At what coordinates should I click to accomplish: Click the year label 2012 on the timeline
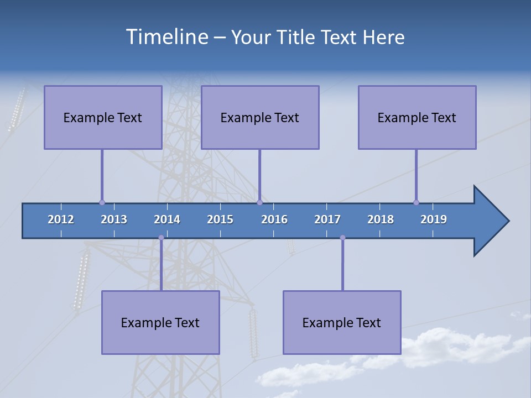(61, 219)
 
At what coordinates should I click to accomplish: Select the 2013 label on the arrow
(114, 219)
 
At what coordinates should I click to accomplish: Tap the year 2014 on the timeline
(167, 219)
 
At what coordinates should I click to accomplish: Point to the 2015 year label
(220, 219)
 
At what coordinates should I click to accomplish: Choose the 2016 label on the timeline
(274, 219)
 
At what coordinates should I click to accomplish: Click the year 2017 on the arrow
(327, 219)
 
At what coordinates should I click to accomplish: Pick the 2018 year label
(381, 219)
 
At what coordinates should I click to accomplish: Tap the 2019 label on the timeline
(434, 219)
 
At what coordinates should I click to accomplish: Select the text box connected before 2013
(103, 117)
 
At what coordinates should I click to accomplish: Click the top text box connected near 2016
(260, 117)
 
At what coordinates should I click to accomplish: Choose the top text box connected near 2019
(417, 117)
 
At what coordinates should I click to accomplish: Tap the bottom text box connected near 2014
(160, 322)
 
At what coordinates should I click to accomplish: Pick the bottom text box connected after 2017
(342, 322)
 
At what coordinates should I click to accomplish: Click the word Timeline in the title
(166, 37)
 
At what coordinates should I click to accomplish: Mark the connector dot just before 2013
(102, 203)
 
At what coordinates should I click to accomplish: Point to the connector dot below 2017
(342, 238)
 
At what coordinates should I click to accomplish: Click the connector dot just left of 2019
(416, 203)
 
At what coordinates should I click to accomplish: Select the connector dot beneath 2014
(161, 238)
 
